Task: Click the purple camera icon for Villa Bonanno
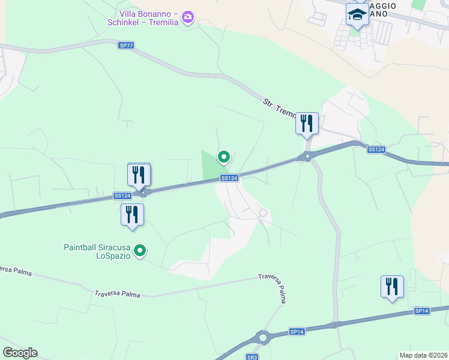(188, 17)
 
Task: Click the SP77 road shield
(125, 45)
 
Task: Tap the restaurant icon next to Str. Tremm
(307, 124)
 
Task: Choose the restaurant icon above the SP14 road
(392, 287)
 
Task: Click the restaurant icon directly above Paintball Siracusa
(132, 215)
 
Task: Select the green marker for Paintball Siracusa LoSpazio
(140, 251)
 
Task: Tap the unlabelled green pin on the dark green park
(224, 157)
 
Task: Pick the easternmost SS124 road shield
(375, 149)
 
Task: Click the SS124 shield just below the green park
(229, 178)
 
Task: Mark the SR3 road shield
(252, 357)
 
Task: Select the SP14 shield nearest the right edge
(422, 311)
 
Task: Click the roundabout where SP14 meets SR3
(262, 338)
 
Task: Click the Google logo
(20, 353)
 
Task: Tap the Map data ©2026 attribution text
(423, 355)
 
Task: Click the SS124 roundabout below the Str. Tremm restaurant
(307, 157)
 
